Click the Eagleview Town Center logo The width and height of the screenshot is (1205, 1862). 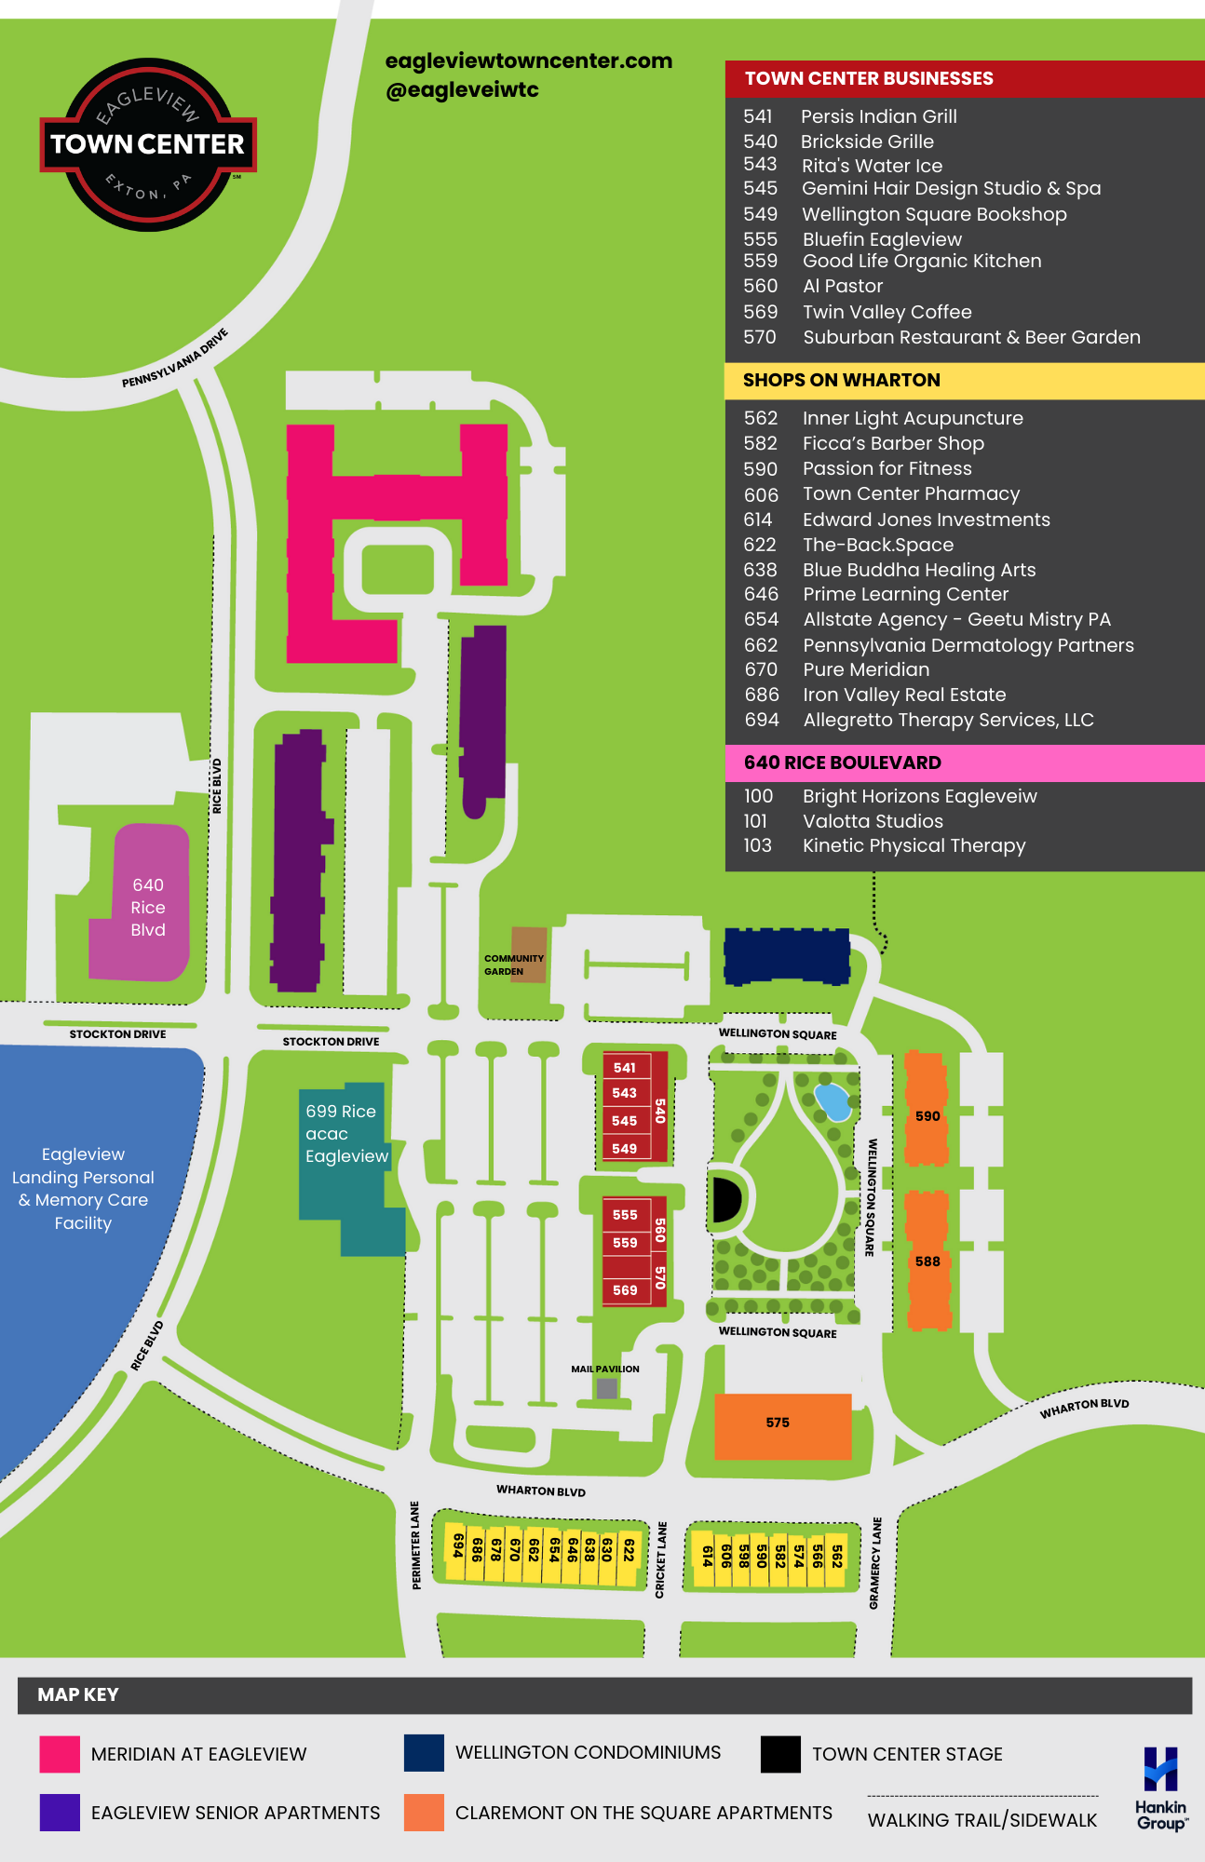coord(147,144)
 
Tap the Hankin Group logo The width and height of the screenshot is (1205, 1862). coord(1160,1788)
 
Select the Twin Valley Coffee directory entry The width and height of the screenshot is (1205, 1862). coord(887,312)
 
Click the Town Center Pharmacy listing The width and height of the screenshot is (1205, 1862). coord(911,494)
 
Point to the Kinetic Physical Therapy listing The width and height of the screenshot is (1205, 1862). coord(914,845)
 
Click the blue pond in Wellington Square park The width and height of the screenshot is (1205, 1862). coord(832,1101)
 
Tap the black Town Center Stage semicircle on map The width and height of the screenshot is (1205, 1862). coord(724,1199)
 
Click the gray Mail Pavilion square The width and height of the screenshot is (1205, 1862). coord(607,1388)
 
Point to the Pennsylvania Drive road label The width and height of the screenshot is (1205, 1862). coord(175,358)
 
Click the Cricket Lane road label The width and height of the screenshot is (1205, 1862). coord(661,1559)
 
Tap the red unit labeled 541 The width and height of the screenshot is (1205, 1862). coord(625,1068)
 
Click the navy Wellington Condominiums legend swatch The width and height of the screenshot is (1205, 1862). coord(424,1753)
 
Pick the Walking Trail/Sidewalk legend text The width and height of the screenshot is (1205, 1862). coord(982,1820)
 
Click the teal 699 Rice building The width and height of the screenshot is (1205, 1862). coord(343,1154)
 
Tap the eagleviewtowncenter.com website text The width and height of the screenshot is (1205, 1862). coord(528,61)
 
